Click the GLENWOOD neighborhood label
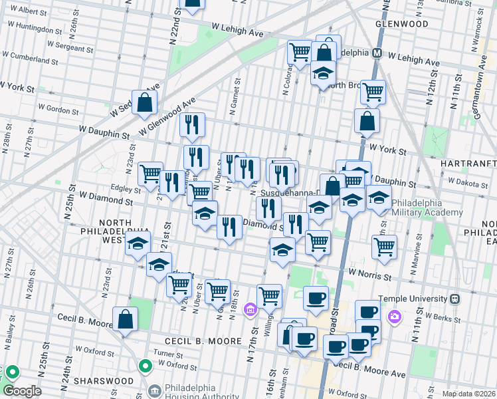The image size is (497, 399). (401, 24)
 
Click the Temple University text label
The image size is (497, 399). (413, 299)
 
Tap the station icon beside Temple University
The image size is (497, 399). (455, 299)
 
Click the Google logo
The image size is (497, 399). (21, 391)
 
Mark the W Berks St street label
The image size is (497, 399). (443, 318)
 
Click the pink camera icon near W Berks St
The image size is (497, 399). (395, 317)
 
